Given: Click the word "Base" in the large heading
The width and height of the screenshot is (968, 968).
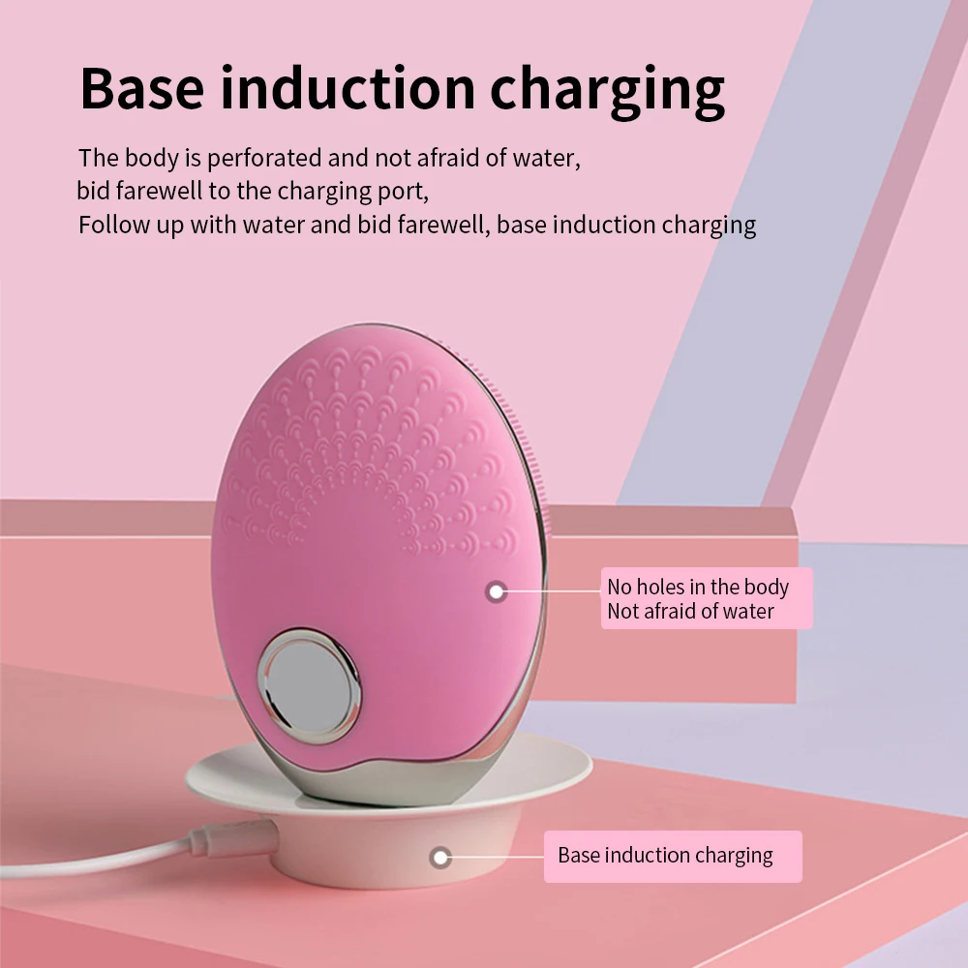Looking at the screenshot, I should (142, 88).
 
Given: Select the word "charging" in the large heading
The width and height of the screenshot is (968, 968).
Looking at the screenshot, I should (607, 90).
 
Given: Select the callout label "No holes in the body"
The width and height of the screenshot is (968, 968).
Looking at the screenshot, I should (697, 587).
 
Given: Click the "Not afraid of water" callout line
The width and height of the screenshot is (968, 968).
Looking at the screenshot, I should (690, 611).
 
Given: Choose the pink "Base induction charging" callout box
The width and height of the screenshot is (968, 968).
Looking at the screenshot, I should (672, 856).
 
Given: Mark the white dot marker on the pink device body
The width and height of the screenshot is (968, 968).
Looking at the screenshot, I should (497, 590).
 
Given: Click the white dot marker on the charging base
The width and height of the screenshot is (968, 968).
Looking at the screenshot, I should (441, 857).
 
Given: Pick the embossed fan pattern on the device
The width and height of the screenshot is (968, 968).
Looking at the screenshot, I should (368, 445).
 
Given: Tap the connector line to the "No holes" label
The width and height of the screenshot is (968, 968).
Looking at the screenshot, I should (552, 590).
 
